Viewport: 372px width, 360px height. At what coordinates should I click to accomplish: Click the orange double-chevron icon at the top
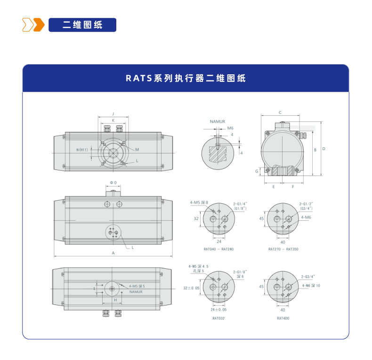[x=33, y=25]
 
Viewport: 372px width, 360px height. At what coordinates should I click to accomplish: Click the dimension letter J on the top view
[x=113, y=114]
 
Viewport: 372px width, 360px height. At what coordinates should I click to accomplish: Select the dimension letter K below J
[x=113, y=120]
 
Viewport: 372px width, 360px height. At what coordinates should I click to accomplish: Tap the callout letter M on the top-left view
[x=137, y=150]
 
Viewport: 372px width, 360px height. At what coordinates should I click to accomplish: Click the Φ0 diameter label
[x=113, y=182]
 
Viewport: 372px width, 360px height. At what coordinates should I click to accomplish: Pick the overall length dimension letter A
[x=113, y=253]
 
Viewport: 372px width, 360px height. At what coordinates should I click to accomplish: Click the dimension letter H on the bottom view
[x=115, y=300]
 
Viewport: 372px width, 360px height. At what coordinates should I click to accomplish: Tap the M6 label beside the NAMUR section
[x=230, y=128]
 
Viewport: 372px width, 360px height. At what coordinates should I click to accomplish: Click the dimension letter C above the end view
[x=280, y=112]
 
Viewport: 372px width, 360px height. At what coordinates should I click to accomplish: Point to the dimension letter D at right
[x=323, y=149]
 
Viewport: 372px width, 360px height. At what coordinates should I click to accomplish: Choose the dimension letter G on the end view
[x=257, y=171]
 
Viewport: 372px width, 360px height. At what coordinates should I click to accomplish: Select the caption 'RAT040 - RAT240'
[x=218, y=249]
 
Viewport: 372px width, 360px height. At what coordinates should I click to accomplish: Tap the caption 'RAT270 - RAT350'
[x=283, y=249]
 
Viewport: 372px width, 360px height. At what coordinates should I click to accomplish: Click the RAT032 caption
[x=218, y=318]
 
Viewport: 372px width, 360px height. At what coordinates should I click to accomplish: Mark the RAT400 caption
[x=283, y=318]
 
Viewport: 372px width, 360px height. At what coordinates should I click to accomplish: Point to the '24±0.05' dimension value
[x=218, y=310]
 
